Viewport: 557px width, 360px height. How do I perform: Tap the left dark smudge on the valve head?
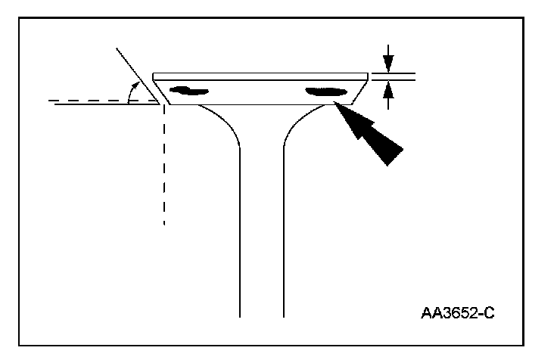[189, 91]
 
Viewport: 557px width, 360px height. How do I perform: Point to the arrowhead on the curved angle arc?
[132, 90]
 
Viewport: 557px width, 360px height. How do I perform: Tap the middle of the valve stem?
[262, 227]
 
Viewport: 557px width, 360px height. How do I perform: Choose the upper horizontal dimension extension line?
[394, 73]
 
